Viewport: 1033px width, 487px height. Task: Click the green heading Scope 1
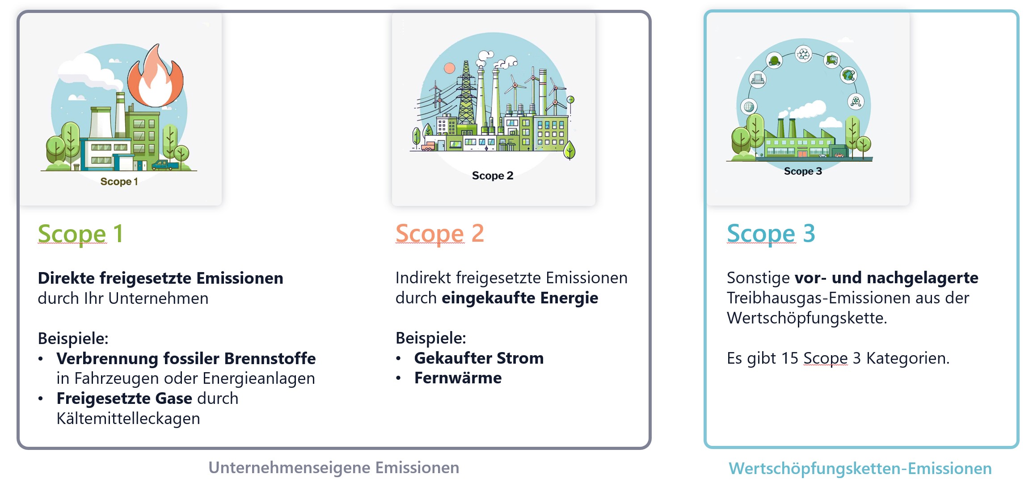click(80, 234)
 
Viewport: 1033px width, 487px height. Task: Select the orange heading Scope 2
click(439, 234)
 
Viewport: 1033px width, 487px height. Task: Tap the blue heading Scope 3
click(771, 234)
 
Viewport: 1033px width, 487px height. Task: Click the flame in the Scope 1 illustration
click(155, 76)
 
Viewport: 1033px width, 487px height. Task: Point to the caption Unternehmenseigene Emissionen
click(334, 467)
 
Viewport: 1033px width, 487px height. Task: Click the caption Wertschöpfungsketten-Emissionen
click(860, 468)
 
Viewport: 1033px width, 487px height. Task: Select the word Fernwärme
click(458, 378)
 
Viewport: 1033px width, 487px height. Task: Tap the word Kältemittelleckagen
click(128, 419)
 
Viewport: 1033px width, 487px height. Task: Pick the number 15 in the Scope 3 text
click(789, 358)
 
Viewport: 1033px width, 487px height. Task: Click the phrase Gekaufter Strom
click(479, 358)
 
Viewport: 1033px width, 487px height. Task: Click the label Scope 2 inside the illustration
click(493, 176)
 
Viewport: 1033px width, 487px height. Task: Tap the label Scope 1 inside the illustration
click(119, 181)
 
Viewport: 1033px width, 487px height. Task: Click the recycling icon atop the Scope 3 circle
click(804, 55)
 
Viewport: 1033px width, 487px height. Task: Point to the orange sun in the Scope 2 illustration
click(449, 68)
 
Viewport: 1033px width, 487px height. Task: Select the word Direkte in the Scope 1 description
click(66, 278)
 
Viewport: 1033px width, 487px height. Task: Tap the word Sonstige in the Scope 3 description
click(758, 278)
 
